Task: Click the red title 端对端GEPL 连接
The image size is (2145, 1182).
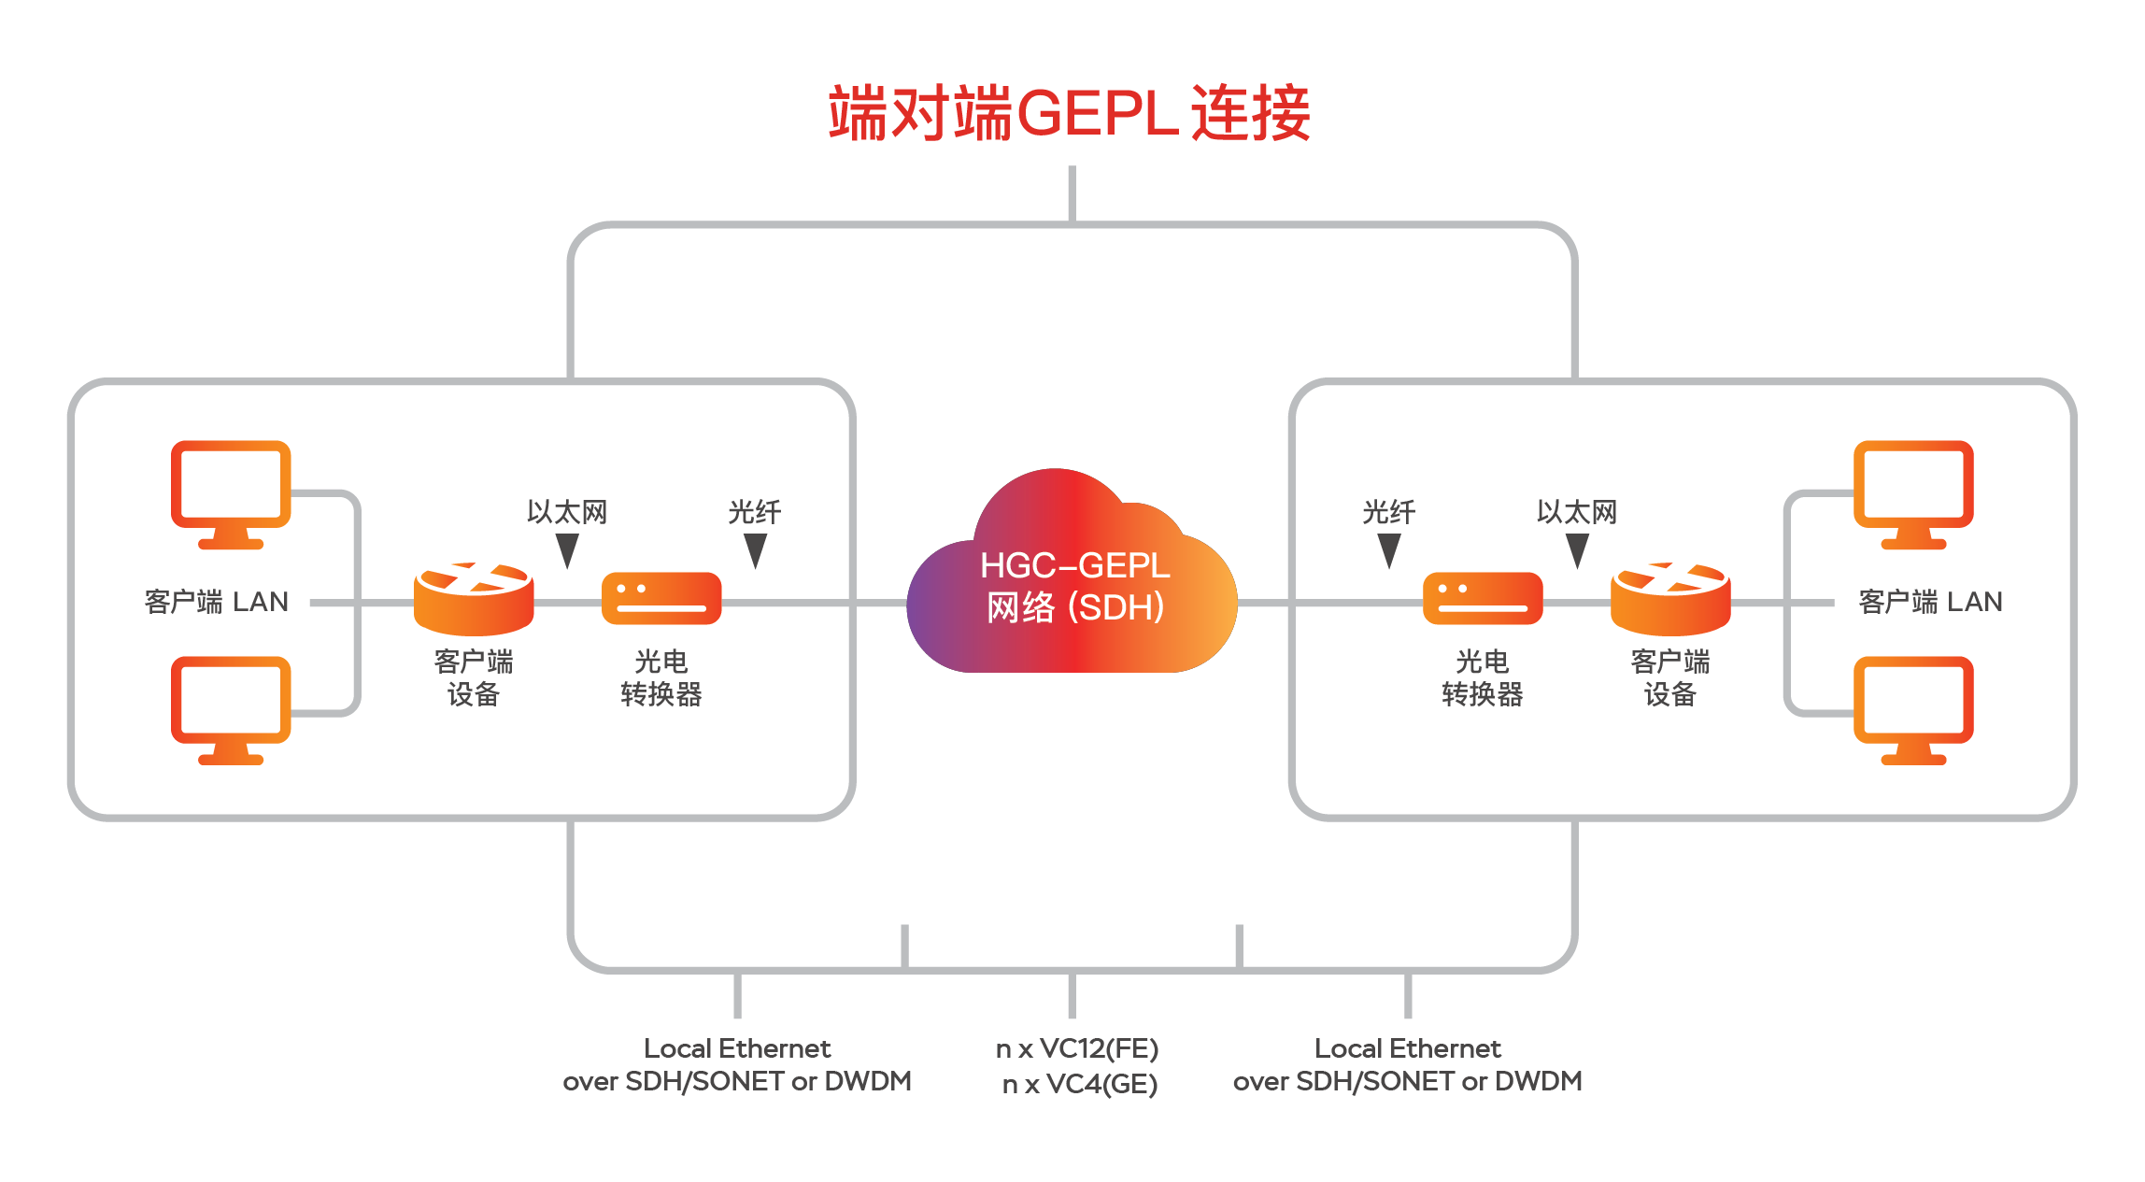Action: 1071,114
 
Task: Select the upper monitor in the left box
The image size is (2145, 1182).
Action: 231,493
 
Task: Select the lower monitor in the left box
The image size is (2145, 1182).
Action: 231,709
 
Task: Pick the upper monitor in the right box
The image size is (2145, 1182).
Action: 1913,493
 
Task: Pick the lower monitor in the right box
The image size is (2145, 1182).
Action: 1913,709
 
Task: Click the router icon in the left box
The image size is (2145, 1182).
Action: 474,598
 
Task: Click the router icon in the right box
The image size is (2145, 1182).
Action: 1670,598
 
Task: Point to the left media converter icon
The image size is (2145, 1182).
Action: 661,598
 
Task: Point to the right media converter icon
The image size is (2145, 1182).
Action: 1483,598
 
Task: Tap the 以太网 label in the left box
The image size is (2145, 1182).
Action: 567,512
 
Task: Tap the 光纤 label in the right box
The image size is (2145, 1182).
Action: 1389,512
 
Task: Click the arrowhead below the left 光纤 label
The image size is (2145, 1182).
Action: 755,549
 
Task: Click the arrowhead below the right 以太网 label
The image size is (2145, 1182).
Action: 1577,549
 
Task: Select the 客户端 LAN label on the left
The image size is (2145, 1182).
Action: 217,602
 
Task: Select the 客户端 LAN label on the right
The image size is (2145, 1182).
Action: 1930,602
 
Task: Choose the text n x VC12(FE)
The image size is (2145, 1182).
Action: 1076,1048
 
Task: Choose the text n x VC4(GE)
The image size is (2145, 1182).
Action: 1079,1084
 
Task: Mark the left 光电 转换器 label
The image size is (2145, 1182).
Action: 661,677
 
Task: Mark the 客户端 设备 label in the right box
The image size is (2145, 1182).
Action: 1670,677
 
